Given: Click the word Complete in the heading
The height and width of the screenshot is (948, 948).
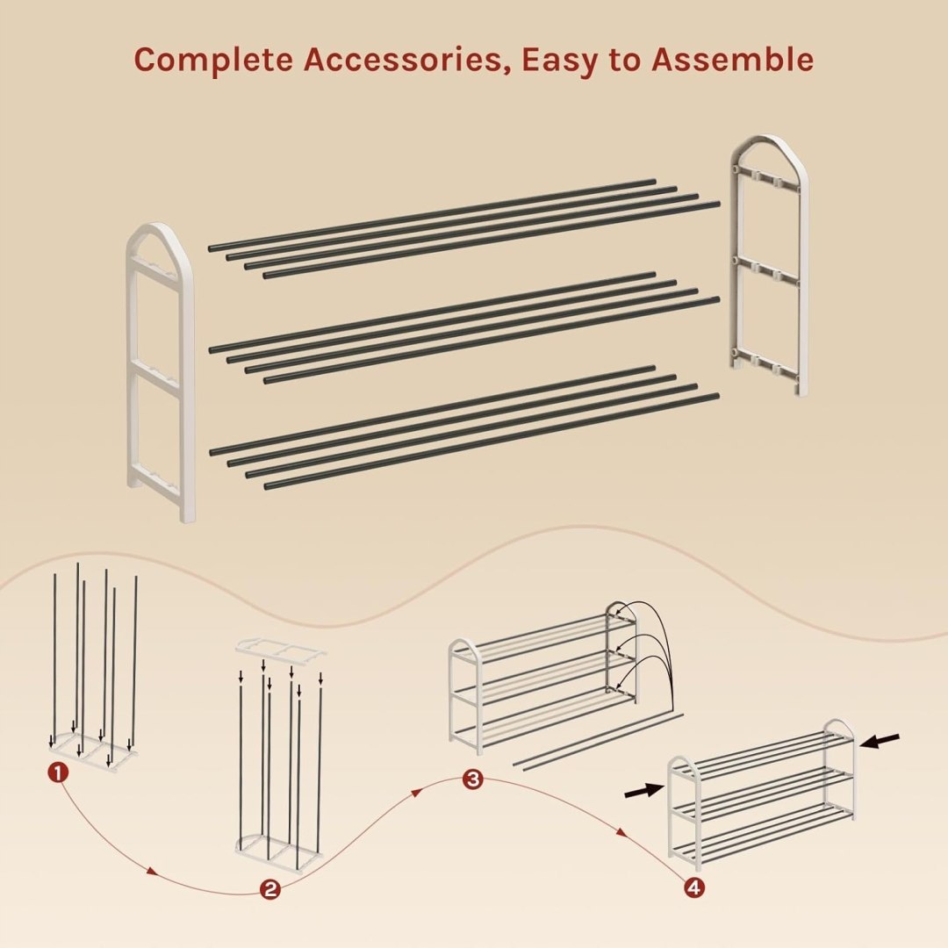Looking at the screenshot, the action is (x=213, y=61).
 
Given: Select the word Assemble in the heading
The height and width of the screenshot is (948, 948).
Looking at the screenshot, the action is (x=732, y=59).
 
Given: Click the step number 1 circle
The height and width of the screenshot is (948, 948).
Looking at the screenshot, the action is (x=57, y=772).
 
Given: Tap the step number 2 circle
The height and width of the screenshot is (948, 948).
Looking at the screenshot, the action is (x=270, y=888).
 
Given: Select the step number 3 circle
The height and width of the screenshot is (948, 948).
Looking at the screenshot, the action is (x=473, y=779).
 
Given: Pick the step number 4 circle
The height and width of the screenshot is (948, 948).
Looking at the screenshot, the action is (x=694, y=887).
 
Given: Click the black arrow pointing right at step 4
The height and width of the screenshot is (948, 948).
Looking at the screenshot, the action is (x=644, y=789).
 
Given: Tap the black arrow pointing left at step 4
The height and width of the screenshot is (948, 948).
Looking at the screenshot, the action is (x=880, y=741).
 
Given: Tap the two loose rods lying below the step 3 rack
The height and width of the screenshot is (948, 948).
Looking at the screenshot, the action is (x=599, y=741).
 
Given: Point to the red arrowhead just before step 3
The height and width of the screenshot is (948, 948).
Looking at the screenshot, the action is (x=417, y=792).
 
